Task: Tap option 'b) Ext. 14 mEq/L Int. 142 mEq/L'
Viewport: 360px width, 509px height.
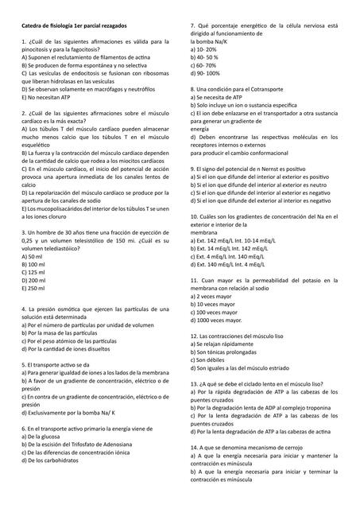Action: click(236, 249)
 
